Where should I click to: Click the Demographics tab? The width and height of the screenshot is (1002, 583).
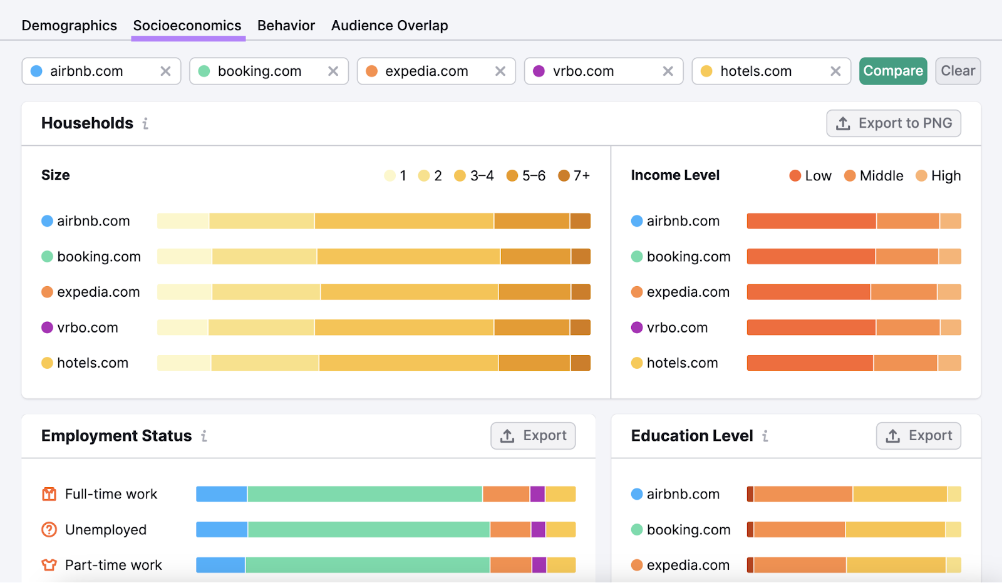[69, 26]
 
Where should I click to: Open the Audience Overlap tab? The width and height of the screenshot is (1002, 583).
[389, 26]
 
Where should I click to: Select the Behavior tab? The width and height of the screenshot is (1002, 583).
[286, 26]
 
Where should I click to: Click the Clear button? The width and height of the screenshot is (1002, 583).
[957, 71]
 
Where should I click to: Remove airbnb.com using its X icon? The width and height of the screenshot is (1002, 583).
[165, 71]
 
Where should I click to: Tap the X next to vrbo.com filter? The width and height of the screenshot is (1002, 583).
[668, 71]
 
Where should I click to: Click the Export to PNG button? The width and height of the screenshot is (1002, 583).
[893, 123]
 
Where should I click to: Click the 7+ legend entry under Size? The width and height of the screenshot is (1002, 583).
[574, 176]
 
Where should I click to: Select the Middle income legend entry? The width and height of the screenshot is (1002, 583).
[874, 176]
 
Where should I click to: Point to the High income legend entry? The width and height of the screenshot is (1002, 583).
[938, 176]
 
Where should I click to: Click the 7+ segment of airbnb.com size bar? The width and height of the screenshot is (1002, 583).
[580, 221]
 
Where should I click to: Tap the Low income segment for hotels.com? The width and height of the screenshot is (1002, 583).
[809, 363]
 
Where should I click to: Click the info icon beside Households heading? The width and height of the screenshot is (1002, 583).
[145, 124]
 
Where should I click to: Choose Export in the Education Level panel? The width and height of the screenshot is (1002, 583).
[918, 436]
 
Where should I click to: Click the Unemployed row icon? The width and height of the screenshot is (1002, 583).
[49, 530]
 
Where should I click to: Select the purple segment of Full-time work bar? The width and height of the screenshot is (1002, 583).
[537, 494]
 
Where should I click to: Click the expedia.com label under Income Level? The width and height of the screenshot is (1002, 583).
[688, 292]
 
